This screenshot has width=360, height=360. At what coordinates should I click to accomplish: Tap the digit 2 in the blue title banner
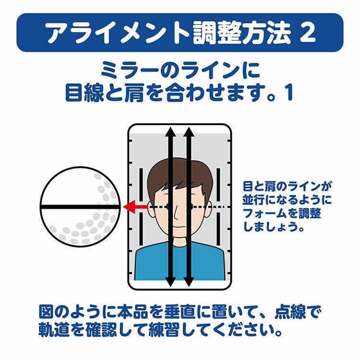click(307, 32)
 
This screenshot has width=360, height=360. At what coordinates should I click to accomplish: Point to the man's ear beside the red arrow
click(151, 208)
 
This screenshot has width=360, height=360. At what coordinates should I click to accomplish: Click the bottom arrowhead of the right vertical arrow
click(189, 281)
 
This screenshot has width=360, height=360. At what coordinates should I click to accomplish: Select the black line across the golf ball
click(80, 207)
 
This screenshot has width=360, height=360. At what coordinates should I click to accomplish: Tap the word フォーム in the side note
click(264, 214)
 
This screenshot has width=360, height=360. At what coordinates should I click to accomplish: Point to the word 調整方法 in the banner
click(242, 33)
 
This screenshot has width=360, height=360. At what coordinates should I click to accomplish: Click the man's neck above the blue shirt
click(180, 241)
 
